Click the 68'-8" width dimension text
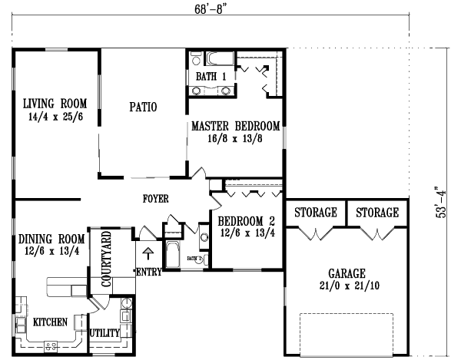[x=211, y=8]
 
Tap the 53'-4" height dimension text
[x=441, y=203]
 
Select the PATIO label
[x=143, y=107]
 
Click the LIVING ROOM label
[x=55, y=104]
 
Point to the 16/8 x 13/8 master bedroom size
[x=235, y=138]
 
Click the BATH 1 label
[x=211, y=77]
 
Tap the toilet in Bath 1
[x=195, y=58]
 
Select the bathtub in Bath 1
[x=220, y=58]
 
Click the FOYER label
[x=155, y=199]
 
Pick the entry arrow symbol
[x=148, y=253]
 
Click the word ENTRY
[x=149, y=272]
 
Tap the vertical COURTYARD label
[x=106, y=259]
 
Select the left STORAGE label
[x=316, y=213]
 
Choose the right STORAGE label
[x=377, y=213]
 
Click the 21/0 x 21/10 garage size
[x=350, y=286]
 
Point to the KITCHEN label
[x=50, y=322]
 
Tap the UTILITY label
[x=104, y=333]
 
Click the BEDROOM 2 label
[x=247, y=221]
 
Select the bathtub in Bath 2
[x=173, y=254]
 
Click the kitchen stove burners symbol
[x=51, y=346]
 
